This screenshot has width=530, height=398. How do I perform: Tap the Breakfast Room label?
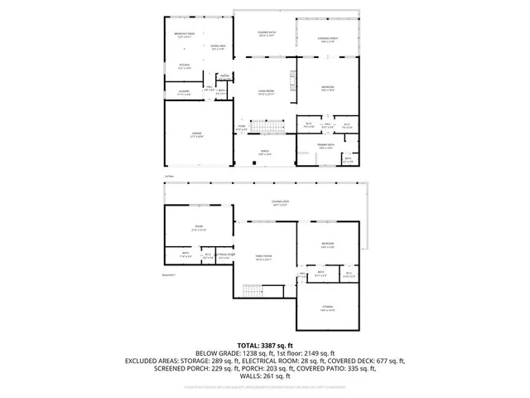point(184,35)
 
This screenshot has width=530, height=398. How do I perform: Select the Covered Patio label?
point(265,35)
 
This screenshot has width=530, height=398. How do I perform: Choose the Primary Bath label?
point(325,146)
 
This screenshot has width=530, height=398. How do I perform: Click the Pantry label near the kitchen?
point(224,76)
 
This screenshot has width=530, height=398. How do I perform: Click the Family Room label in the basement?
point(264,259)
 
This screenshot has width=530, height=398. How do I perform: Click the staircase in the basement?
point(251,291)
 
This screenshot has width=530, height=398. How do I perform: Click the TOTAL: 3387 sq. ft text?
point(265,344)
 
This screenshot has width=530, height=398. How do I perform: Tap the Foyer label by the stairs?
point(241,129)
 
